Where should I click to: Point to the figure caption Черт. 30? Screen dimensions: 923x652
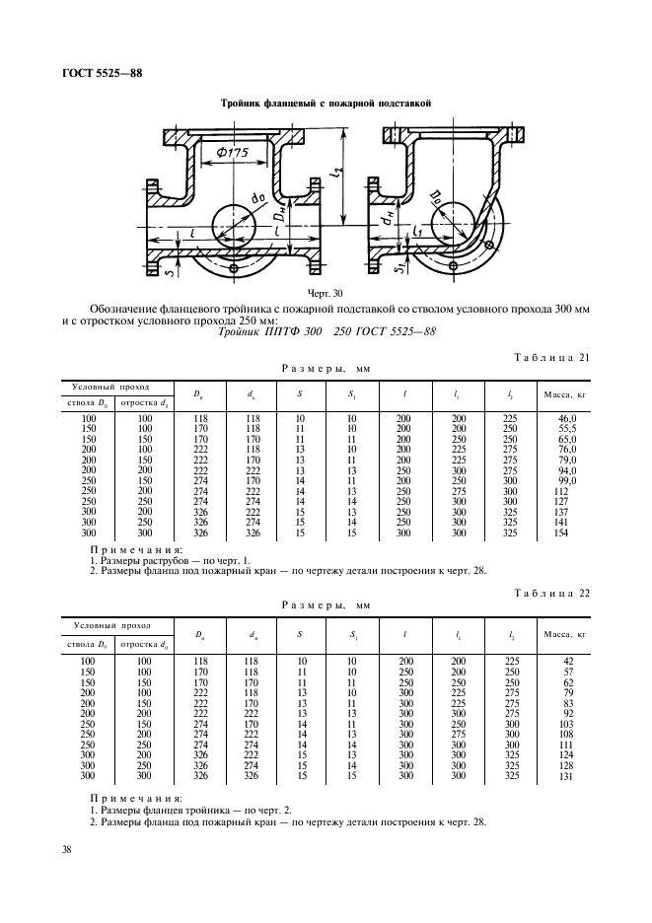click(295, 293)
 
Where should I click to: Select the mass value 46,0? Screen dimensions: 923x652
click(567, 419)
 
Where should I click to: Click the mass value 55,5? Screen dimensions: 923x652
click(567, 429)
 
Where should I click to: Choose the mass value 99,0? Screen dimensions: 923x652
click(567, 480)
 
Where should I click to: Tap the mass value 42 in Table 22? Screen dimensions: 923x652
click(567, 660)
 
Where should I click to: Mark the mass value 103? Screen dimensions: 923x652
click(567, 722)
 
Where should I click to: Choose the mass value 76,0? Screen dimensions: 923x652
click(567, 450)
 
